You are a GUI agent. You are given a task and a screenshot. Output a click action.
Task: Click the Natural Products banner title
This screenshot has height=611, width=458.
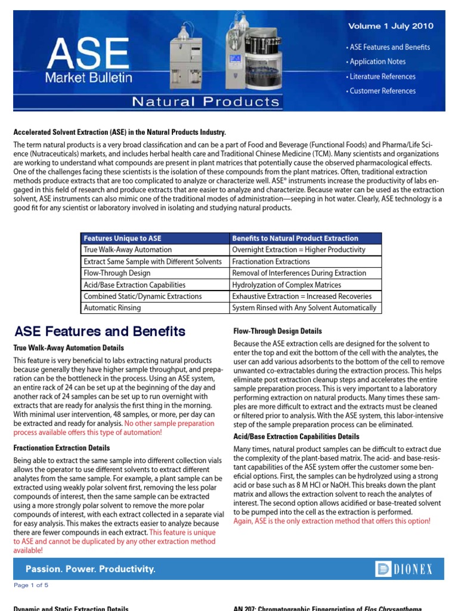coord(205,101)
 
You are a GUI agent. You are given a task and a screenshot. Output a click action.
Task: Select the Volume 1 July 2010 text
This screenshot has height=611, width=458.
coord(391,26)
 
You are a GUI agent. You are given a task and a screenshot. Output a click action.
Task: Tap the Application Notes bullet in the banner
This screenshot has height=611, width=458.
coord(377,61)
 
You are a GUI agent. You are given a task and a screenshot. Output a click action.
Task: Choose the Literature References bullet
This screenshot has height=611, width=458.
coord(382,76)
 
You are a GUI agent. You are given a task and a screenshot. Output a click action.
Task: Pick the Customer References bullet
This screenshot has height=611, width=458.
coord(382,91)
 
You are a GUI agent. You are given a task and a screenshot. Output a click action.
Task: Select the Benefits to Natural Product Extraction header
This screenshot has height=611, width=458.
coord(295,238)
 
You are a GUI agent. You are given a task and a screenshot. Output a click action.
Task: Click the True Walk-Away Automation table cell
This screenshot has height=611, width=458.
coord(128,250)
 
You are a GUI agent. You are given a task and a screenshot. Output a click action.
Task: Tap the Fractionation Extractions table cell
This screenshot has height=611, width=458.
coord(271,261)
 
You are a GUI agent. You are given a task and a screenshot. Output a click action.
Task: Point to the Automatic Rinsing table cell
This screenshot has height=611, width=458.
coord(113,308)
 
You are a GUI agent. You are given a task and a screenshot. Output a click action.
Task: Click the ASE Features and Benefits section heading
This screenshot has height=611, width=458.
coord(100,332)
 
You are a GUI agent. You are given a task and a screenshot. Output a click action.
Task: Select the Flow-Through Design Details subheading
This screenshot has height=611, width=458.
coord(277,331)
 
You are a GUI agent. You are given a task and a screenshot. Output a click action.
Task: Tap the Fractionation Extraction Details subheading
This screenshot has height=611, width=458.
coord(61,448)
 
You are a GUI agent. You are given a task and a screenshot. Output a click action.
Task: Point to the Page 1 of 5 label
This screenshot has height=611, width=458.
coord(31,585)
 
